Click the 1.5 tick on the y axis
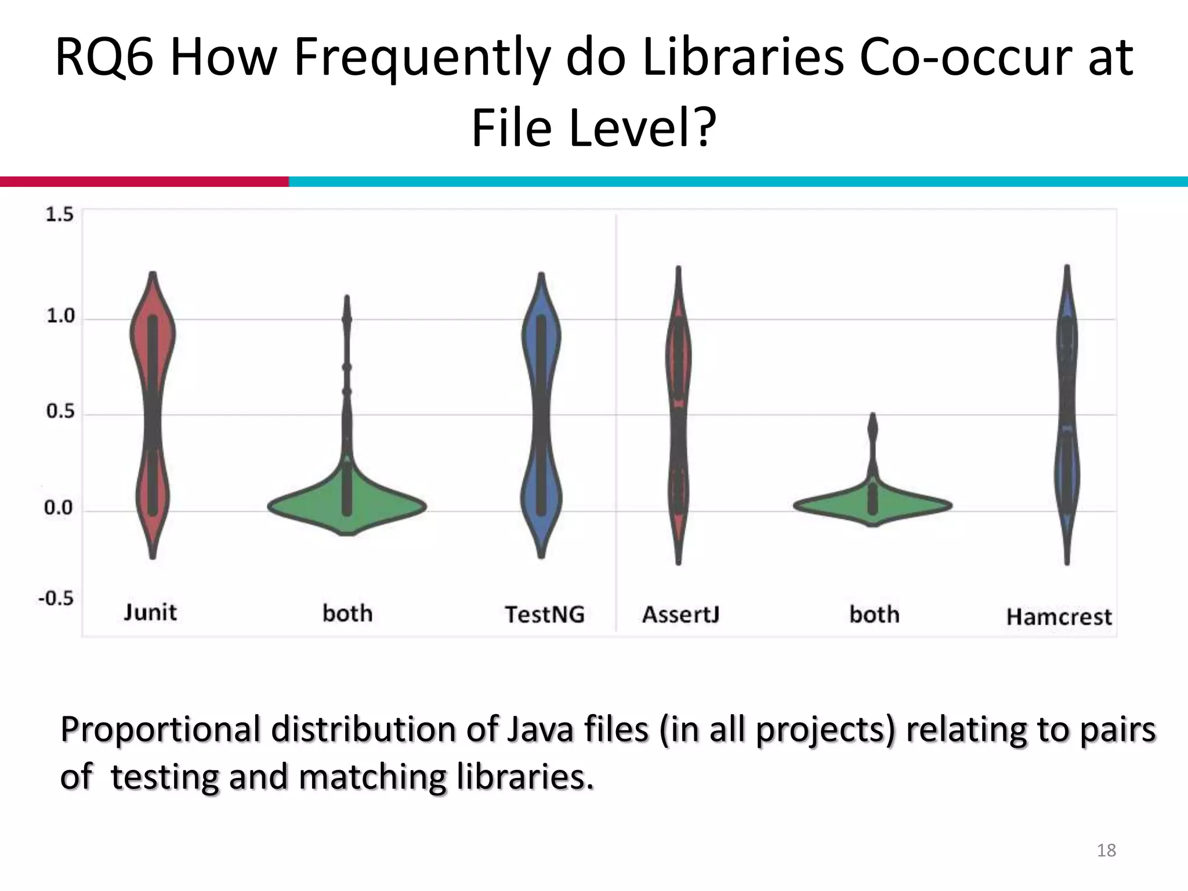tap(60, 215)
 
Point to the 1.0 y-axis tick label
tap(61, 316)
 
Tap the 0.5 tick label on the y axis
tap(61, 412)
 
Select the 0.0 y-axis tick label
tap(59, 508)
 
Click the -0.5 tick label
tap(56, 598)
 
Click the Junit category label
tap(150, 613)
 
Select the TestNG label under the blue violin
tap(544, 614)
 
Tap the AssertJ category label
tap(680, 614)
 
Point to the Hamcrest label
tap(1059, 617)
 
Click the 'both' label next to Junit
tap(347, 614)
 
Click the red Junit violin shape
tap(153, 348)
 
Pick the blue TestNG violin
tap(541, 348)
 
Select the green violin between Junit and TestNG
tap(347, 506)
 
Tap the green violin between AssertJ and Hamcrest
tap(873, 505)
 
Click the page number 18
tap(1106, 850)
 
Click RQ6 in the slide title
tap(104, 58)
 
